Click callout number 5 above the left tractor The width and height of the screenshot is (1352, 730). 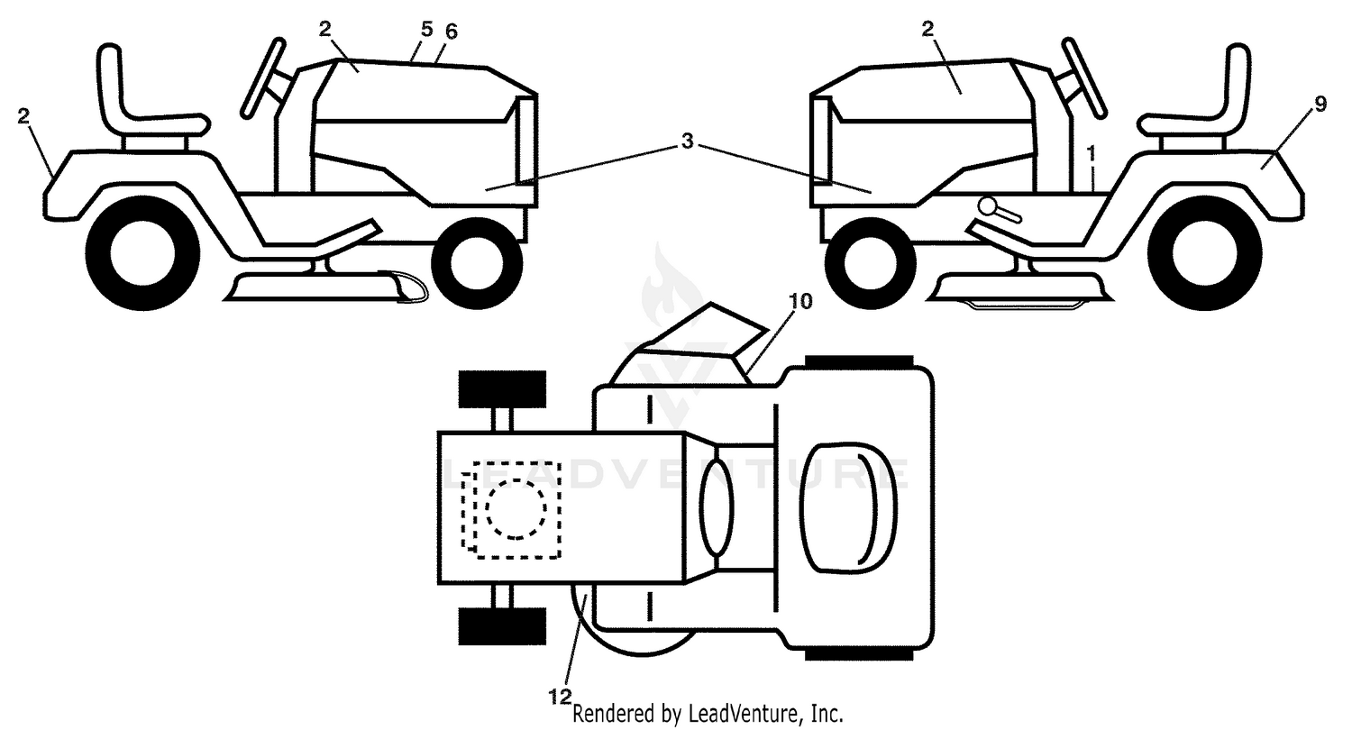[426, 28]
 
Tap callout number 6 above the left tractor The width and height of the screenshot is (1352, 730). [451, 32]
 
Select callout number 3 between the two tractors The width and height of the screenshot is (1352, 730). [687, 141]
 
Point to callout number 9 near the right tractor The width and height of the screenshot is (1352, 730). [1320, 105]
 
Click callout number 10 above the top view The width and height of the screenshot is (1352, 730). [801, 301]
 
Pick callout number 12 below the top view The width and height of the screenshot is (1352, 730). [560, 698]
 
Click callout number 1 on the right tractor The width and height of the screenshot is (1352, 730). [1091, 154]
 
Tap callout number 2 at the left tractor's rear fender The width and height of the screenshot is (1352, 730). [23, 116]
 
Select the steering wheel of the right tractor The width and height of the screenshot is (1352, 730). [1084, 78]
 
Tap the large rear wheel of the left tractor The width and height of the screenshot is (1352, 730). [143, 253]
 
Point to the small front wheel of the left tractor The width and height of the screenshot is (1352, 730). [477, 264]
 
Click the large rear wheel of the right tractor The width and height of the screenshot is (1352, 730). [1205, 253]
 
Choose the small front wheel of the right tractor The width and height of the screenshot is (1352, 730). [871, 264]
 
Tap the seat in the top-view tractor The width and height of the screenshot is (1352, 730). [847, 507]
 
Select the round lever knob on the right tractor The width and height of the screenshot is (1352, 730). [988, 206]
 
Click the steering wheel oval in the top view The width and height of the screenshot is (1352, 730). [717, 507]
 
